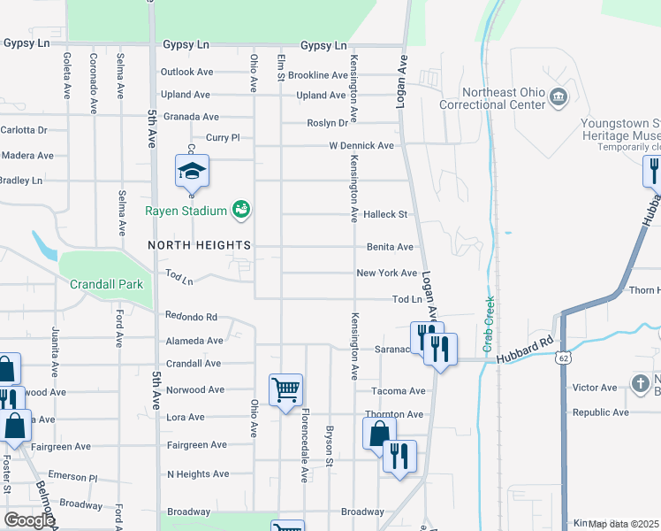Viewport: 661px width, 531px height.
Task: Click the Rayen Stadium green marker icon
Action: pos(240,210)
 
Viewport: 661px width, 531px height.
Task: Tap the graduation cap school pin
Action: pos(192,171)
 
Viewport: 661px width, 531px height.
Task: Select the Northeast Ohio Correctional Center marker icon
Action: pos(558,96)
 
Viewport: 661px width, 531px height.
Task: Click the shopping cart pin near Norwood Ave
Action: pos(285,389)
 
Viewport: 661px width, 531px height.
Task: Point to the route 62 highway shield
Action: pos(563,358)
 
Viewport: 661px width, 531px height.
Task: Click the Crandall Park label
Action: pos(105,285)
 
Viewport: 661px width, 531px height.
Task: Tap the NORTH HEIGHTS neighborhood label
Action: pos(199,244)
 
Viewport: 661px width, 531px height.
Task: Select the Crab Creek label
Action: pos(488,312)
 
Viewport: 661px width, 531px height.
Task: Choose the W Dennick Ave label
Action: pos(361,145)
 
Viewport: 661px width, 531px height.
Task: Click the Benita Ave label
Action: pos(391,247)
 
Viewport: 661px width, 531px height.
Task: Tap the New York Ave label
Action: pos(386,273)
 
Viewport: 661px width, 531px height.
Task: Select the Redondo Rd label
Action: pos(191,316)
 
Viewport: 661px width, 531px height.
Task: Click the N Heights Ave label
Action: pos(198,474)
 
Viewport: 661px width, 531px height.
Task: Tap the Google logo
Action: pos(29,520)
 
